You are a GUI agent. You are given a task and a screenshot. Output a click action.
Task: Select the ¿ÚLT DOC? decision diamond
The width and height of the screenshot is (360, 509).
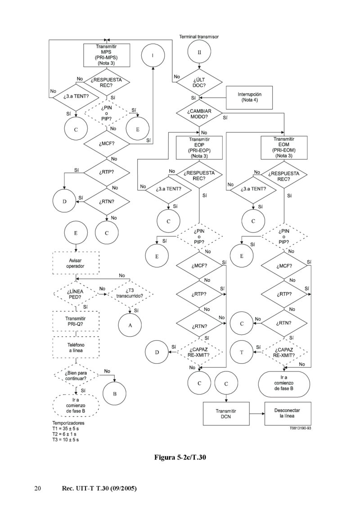199,81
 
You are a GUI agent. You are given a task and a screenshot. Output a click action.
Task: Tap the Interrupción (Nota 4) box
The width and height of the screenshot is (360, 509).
249,97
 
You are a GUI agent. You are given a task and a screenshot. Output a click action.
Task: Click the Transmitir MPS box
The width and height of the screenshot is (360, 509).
107,55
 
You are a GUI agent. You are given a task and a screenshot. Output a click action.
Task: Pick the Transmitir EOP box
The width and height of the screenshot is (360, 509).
199,147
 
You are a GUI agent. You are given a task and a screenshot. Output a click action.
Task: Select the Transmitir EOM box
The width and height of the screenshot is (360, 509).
284,147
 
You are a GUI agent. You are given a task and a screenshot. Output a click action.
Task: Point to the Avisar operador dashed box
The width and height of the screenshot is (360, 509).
75,263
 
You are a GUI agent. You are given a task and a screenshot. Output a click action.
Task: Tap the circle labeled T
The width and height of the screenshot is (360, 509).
242,352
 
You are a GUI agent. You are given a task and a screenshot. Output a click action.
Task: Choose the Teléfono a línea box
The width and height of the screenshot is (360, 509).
75,347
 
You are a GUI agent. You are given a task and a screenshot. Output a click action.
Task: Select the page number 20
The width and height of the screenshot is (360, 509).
38,488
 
